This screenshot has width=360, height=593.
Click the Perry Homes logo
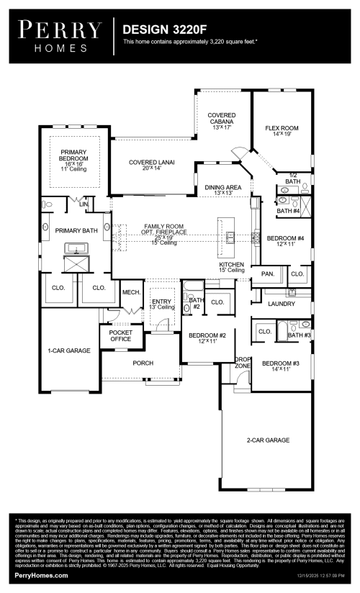60,36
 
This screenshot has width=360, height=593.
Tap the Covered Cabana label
222,119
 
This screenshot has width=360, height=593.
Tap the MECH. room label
130,292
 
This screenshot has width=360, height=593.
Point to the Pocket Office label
120,335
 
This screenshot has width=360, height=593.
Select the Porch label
143,363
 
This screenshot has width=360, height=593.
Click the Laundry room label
276,304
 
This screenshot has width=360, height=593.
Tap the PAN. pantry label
267,274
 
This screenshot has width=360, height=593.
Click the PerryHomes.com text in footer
42,576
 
